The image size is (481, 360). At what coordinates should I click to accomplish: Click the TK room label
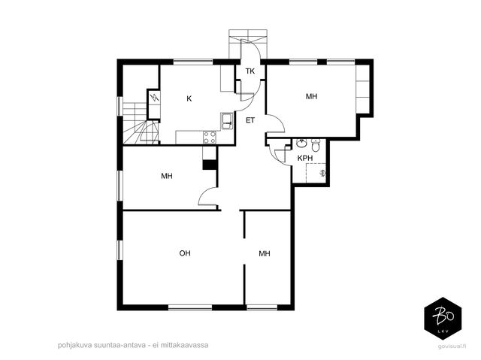click(250, 71)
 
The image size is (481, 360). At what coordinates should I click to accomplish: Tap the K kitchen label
click(189, 98)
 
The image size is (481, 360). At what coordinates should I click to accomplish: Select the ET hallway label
click(250, 120)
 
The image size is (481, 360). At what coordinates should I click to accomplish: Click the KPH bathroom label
click(305, 159)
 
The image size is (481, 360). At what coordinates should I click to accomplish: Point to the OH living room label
click(185, 253)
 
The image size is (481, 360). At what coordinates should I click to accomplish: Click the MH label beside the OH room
click(265, 253)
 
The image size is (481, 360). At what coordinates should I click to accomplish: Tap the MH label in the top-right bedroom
click(311, 96)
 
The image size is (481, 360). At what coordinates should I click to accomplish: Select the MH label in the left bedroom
click(167, 176)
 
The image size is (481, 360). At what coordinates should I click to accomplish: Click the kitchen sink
click(228, 121)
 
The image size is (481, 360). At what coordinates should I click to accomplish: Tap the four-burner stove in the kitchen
click(210, 137)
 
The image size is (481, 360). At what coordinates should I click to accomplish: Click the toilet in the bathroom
click(316, 145)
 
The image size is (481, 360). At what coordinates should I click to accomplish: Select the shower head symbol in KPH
click(322, 174)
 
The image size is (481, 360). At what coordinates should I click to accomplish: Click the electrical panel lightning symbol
click(154, 98)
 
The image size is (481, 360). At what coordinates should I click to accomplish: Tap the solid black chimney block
click(210, 165)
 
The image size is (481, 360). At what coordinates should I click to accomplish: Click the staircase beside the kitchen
click(141, 123)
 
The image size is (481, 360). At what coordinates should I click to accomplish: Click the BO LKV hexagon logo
click(443, 318)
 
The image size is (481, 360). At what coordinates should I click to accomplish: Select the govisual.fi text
click(452, 346)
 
